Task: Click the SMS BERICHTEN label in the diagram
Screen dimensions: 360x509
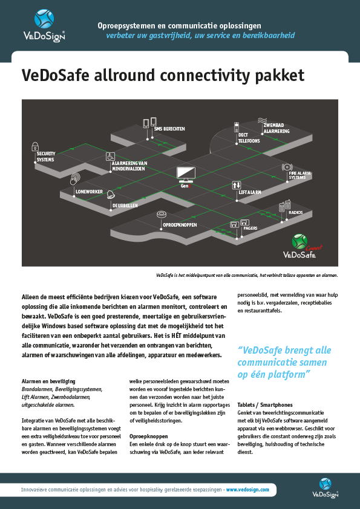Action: pos(169,129)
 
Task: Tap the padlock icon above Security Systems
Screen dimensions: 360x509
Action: pos(35,145)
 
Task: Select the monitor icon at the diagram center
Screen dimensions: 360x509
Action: pos(185,173)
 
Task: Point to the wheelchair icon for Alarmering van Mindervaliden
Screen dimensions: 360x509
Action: pos(111,156)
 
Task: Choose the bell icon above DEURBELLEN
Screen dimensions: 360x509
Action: pos(111,195)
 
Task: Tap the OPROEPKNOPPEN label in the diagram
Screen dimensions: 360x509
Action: pos(180,225)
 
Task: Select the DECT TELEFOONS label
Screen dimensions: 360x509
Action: pos(249,138)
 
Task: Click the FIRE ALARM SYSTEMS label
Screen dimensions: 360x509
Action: pos(299,175)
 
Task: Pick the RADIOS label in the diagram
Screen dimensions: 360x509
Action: pos(296,213)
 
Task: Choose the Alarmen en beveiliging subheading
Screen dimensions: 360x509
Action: pos(48,381)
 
